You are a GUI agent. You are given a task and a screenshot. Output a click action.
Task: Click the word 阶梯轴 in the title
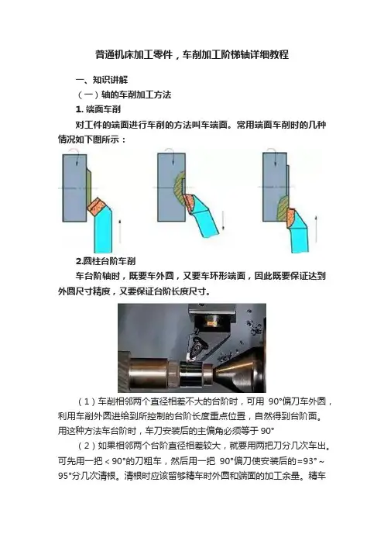coord(235,54)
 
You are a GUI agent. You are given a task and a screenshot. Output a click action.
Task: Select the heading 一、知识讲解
coord(101,80)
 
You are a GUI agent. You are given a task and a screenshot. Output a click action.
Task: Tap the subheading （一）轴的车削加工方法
coord(123,95)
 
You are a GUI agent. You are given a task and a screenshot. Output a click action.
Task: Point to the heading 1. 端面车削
coord(98,109)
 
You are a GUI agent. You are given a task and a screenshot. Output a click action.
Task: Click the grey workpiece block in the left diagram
coord(74,188)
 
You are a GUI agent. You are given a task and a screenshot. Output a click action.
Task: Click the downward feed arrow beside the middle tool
coord(223,221)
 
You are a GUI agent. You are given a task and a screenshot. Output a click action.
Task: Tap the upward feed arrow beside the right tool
coord(316,229)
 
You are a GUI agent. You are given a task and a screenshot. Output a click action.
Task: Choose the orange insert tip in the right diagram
coord(291,219)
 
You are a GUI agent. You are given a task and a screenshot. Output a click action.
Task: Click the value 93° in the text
coord(310,461)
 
